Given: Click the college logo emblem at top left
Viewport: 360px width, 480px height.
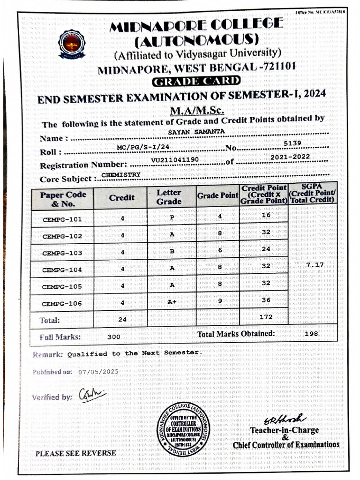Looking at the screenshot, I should pos(72,44).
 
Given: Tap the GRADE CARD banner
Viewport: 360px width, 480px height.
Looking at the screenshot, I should pos(196,81).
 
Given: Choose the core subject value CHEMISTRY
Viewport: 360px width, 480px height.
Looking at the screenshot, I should pos(120,174).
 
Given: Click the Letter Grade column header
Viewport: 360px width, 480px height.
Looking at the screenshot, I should pos(169,197).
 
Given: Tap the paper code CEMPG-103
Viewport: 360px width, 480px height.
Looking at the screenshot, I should pos(62,253).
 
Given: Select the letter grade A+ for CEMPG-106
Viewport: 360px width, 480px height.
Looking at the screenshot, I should pos(172,302).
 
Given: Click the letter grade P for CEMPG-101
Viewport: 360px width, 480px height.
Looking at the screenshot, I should pos(172,217).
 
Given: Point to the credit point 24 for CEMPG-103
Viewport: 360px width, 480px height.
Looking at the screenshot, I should pos(266,249).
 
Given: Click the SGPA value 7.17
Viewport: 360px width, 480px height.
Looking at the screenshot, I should pos(315,265).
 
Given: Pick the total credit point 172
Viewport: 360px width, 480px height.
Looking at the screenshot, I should pos(266,317).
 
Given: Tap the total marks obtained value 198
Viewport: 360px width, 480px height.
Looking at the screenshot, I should pos(310,334).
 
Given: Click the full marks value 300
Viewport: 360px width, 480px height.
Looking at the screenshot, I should pos(113,337).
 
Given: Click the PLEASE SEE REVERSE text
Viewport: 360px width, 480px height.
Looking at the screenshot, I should pos(75,453).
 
